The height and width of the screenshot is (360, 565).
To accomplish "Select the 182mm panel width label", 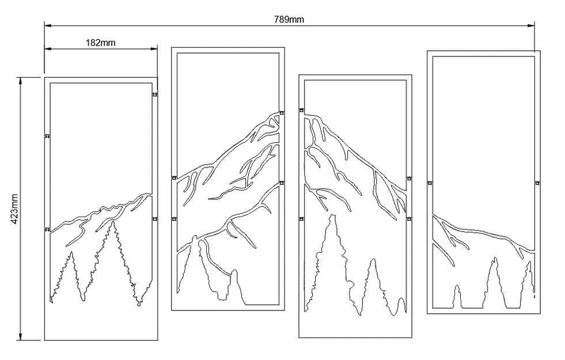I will [101, 43].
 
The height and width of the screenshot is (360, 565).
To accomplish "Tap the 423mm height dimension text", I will [16, 207].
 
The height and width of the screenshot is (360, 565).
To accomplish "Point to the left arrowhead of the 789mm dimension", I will [47, 25].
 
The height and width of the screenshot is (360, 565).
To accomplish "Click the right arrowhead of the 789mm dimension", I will [532, 25].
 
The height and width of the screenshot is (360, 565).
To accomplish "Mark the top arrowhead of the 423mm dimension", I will [21, 80].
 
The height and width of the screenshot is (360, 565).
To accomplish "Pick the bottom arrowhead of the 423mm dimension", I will [21, 337].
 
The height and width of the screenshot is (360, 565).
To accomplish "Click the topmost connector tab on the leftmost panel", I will [155, 94].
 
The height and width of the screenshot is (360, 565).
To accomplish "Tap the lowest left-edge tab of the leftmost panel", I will [47, 229].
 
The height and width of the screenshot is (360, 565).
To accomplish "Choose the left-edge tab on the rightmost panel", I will [430, 183].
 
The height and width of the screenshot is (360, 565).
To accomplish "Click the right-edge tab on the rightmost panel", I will [538, 183].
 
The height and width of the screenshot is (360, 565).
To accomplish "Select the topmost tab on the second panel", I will [282, 113].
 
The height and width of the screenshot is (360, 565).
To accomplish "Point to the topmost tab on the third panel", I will [301, 109].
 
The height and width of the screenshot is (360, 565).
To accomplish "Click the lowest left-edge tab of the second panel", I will [174, 219].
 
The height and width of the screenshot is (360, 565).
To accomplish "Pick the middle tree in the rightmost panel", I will [493, 282].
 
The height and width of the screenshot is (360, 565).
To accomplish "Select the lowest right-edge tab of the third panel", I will [409, 219].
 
